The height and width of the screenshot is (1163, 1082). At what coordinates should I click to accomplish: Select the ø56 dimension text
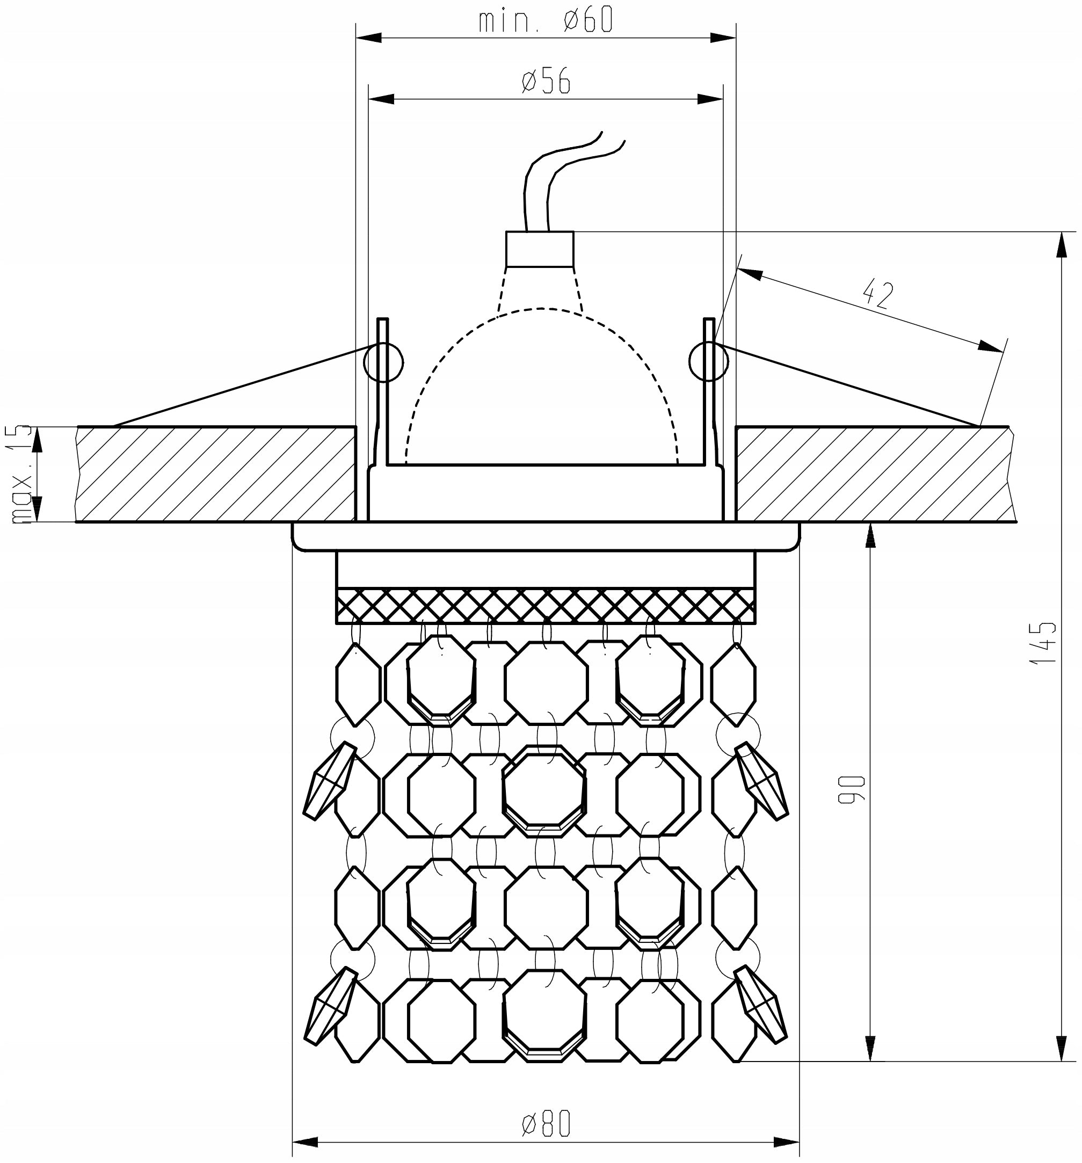click(x=546, y=81)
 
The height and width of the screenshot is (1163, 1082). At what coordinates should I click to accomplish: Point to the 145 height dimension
click(x=1044, y=642)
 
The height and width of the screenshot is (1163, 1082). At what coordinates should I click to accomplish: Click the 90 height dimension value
click(x=852, y=790)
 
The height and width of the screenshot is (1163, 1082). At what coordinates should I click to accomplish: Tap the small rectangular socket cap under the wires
click(x=540, y=249)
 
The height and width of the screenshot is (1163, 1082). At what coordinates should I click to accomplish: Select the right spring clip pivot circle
click(x=709, y=361)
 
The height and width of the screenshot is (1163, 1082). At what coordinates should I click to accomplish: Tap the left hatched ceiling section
click(x=216, y=474)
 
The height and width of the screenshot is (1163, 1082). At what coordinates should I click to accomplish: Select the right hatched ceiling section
click(x=876, y=474)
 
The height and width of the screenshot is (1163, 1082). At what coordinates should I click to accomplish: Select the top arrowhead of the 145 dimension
click(x=1060, y=244)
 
